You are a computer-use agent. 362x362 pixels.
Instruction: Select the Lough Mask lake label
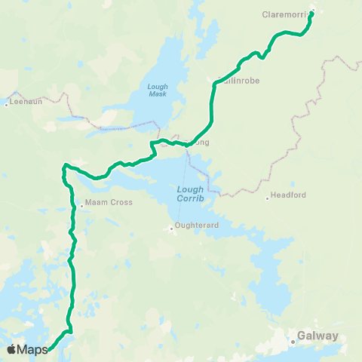click(x=157, y=90)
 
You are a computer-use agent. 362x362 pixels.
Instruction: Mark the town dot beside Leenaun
click(x=7, y=103)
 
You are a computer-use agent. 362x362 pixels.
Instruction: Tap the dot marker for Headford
click(x=268, y=198)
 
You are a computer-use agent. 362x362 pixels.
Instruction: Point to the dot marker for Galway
click(x=293, y=342)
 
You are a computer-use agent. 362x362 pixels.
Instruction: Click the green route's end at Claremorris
click(x=311, y=13)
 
